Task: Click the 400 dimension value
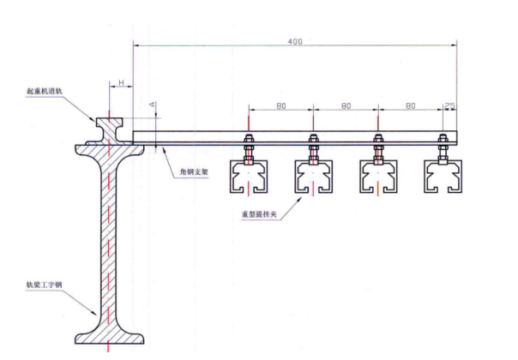[x=295, y=40]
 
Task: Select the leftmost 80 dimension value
[x=280, y=107]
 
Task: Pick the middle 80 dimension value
[x=345, y=107]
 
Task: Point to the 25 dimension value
[x=449, y=107]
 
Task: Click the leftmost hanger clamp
[x=249, y=176]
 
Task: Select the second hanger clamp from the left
[x=313, y=176]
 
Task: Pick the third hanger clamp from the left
[x=377, y=176]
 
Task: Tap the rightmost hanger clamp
[x=443, y=176]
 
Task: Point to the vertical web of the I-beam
[x=108, y=240]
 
